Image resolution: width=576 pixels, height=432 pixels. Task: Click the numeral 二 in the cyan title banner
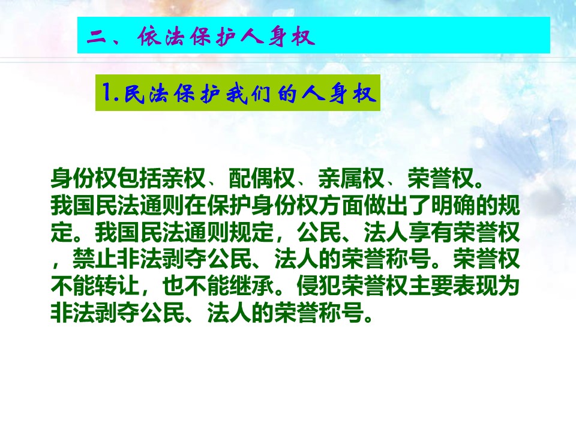pyautogui.click(x=96, y=37)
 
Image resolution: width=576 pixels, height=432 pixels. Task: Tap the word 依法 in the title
pyautogui.click(x=161, y=37)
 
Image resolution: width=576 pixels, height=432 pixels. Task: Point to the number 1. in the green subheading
pyautogui.click(x=110, y=93)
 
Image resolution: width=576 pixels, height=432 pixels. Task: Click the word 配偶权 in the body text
pyautogui.click(x=262, y=178)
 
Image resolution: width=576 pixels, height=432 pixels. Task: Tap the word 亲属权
pyautogui.click(x=351, y=178)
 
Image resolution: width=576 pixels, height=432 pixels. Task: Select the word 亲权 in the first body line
pyautogui.click(x=184, y=178)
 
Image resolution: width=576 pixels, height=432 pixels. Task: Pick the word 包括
pyautogui.click(x=139, y=178)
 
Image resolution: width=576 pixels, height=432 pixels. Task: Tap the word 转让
pyautogui.click(x=118, y=286)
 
